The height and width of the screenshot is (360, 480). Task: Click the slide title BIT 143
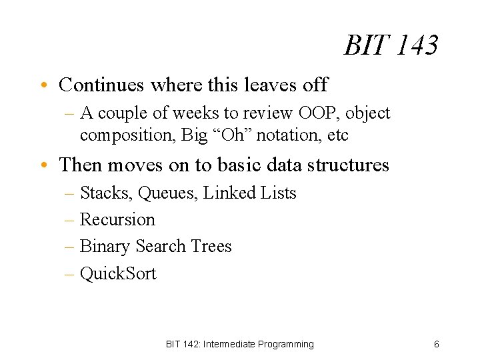[x=391, y=46]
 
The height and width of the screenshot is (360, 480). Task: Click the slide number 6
[x=436, y=344]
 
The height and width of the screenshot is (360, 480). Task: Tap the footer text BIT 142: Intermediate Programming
[x=239, y=344]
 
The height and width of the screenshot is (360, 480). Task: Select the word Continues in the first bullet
[x=102, y=85]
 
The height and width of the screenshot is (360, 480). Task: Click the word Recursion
[x=117, y=219]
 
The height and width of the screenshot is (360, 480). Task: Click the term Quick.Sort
[x=118, y=273]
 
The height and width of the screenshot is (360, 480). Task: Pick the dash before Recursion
[x=71, y=220]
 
